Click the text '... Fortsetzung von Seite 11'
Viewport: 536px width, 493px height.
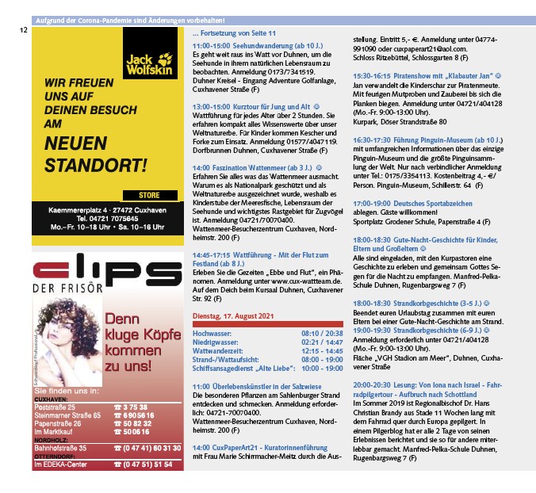(234, 34)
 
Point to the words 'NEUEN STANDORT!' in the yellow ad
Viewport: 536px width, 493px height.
(96, 155)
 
